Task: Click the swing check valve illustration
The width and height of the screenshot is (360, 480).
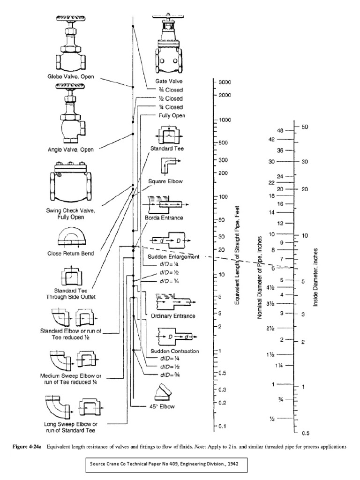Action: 75,184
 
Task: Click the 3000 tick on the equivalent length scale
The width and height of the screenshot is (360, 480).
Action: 225,82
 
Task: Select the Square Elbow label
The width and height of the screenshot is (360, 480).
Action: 165,180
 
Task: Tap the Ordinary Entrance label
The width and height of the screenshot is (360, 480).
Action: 173,316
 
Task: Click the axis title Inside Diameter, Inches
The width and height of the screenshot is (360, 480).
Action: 316,278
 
